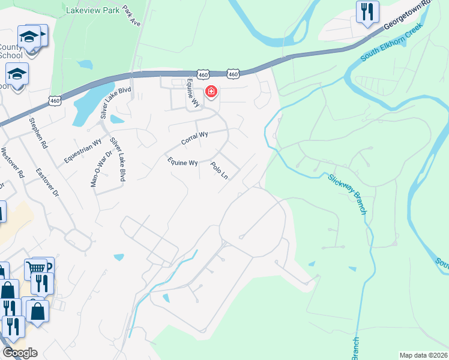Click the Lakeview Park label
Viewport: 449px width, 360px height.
(x=93, y=10)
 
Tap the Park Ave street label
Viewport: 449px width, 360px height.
(x=131, y=16)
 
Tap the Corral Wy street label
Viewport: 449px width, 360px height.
(x=194, y=138)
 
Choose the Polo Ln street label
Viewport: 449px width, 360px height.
(x=220, y=170)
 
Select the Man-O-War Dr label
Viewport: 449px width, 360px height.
(x=101, y=169)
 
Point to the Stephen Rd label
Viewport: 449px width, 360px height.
(x=37, y=133)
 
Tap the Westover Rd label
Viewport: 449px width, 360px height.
(x=13, y=163)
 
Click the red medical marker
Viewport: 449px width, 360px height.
(x=211, y=92)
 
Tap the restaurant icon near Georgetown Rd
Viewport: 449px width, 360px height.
(x=367, y=11)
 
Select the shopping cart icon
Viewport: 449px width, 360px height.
(x=35, y=268)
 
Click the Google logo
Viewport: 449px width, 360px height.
(x=20, y=353)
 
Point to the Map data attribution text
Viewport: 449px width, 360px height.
(x=423, y=355)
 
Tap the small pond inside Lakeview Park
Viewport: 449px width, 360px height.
(x=85, y=64)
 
